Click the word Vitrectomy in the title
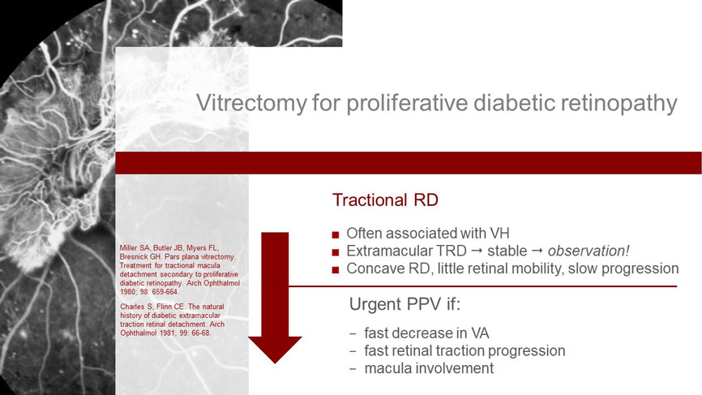(251, 102)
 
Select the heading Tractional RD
(385, 200)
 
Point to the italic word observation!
(589, 251)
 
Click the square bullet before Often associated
(336, 234)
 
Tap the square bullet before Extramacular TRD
(336, 252)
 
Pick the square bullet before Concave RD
(336, 269)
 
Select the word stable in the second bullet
(507, 251)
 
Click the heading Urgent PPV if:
(405, 304)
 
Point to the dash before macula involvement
(353, 369)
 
